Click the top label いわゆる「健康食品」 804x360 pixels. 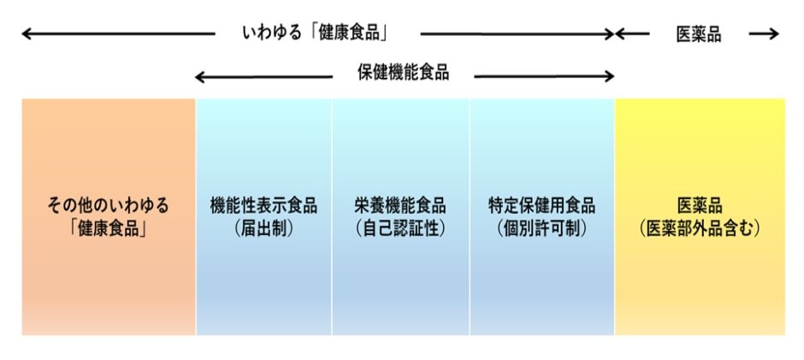point(316,34)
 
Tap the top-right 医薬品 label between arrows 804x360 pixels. point(699,34)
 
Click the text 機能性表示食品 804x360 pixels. point(263,206)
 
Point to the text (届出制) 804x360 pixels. point(263,228)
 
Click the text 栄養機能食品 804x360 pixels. point(400,206)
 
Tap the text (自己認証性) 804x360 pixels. point(400,228)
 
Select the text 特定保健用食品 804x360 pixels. point(541,206)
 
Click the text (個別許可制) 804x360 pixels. point(541,228)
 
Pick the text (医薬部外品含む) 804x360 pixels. point(700,228)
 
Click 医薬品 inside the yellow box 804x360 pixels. point(700,206)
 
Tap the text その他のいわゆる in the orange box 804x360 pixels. point(108,206)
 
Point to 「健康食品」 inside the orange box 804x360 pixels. point(108,228)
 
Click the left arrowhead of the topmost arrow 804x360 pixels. point(26,34)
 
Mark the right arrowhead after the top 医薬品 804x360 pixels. point(775,34)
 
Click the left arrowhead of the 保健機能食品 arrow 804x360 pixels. point(200,77)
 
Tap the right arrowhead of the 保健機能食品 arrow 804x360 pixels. point(610,77)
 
